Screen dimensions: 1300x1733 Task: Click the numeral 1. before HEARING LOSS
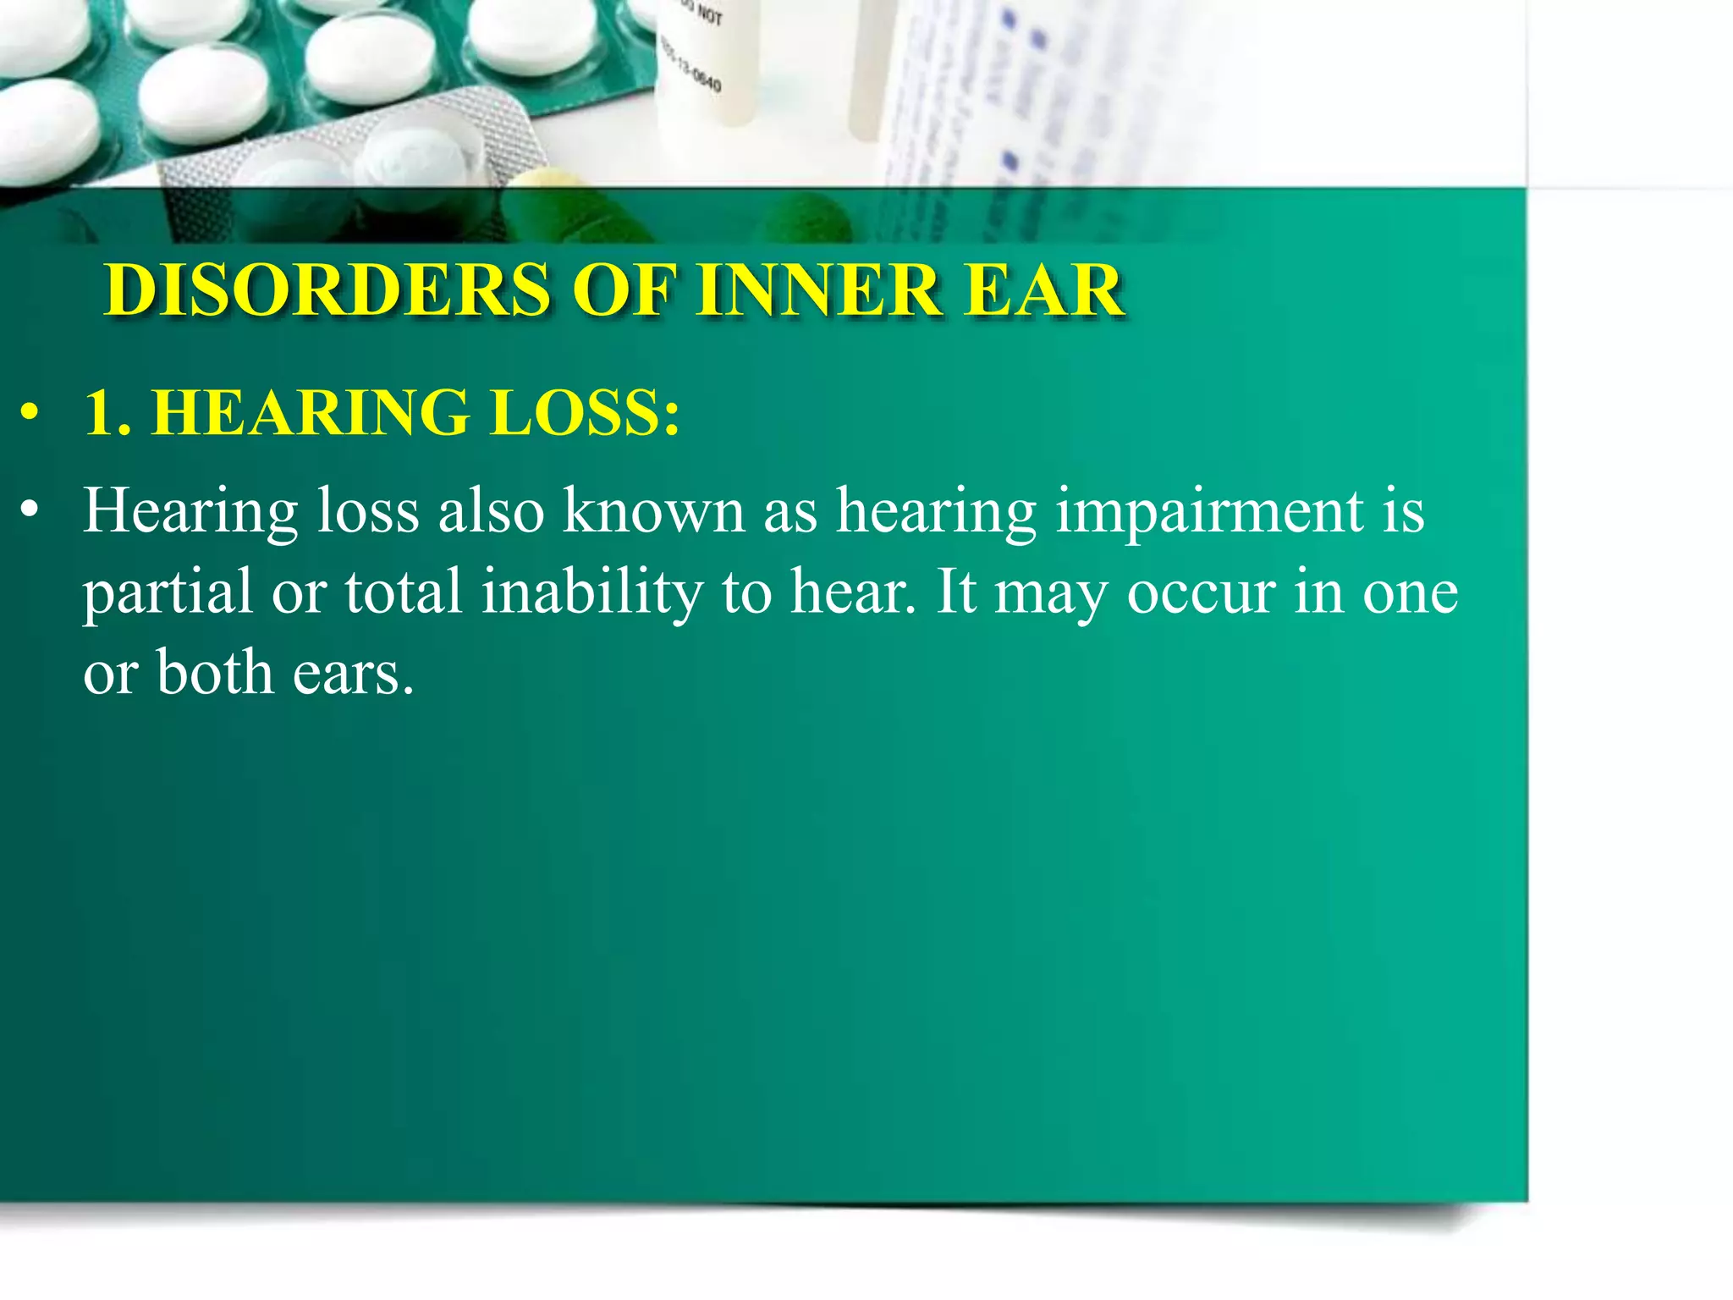coord(107,413)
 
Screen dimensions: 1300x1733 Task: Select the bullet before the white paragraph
coord(30,511)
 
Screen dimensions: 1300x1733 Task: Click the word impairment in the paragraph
coord(1209,511)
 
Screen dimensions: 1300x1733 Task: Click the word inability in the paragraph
coord(591,592)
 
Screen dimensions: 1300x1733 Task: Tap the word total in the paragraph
coord(403,592)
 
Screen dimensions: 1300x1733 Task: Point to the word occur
coord(1201,592)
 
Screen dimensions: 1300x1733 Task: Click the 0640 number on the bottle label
coord(706,82)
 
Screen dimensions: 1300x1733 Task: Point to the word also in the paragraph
coord(491,511)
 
